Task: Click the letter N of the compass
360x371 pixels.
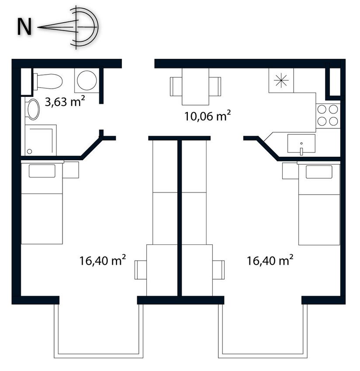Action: pyautogui.click(x=24, y=27)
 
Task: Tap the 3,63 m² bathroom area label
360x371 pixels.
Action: pyautogui.click(x=65, y=102)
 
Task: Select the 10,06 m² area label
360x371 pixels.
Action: pyautogui.click(x=207, y=116)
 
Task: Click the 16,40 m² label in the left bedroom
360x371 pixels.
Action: pyautogui.click(x=102, y=260)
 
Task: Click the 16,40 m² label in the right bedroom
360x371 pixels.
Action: pyautogui.click(x=270, y=260)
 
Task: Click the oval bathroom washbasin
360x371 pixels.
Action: pyautogui.click(x=33, y=109)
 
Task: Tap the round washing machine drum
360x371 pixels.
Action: pyautogui.click(x=87, y=80)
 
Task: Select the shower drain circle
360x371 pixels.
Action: pyautogui.click(x=29, y=151)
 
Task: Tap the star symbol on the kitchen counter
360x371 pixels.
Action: pyautogui.click(x=281, y=80)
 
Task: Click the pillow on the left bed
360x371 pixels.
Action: pyautogui.click(x=42, y=171)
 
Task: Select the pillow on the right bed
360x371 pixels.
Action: pyautogui.click(x=319, y=172)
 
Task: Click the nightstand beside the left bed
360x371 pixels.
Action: pyautogui.click(x=71, y=170)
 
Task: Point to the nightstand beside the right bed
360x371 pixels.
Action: pyautogui.click(x=290, y=171)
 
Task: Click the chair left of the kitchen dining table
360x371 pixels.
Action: pyautogui.click(x=176, y=86)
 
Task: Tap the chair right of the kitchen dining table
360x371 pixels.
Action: pyautogui.click(x=215, y=86)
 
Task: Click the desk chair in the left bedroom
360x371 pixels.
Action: pyautogui.click(x=141, y=270)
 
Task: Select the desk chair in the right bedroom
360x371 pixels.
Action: pyautogui.click(x=218, y=270)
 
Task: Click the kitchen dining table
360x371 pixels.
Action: pyautogui.click(x=195, y=86)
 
